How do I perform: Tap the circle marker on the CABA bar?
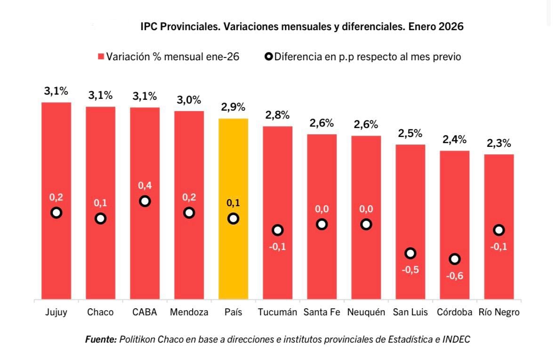(x=145, y=201)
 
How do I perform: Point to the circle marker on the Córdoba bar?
(x=454, y=259)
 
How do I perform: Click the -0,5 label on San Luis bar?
(x=410, y=270)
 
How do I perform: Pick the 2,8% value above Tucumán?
(x=277, y=115)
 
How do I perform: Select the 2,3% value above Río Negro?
(x=499, y=144)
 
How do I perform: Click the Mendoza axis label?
(x=189, y=312)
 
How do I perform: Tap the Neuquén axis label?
(x=366, y=312)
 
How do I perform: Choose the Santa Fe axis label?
(x=322, y=312)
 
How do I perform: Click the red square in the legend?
(x=100, y=57)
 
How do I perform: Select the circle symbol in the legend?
(x=269, y=57)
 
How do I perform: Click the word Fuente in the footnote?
(x=101, y=339)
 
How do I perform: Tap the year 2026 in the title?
(x=451, y=27)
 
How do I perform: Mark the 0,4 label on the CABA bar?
(x=145, y=186)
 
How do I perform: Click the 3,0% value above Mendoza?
(x=189, y=100)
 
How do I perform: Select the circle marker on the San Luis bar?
(x=410, y=253)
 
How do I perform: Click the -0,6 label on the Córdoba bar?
(x=454, y=276)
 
